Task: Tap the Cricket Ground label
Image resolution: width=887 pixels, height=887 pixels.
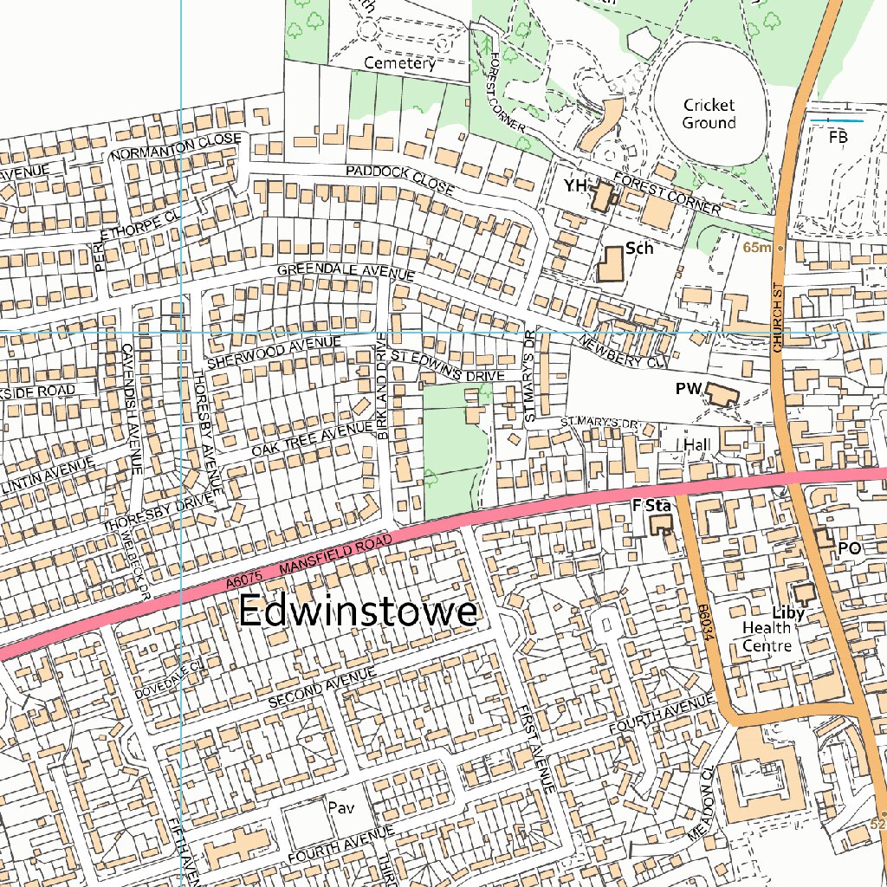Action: [x=709, y=113]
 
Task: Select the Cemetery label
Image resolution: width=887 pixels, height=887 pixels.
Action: [x=399, y=63]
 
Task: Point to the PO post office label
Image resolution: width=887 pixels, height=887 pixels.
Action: [x=848, y=549]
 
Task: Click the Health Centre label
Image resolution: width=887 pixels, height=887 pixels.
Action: [x=767, y=637]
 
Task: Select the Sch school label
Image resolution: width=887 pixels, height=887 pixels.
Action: [x=638, y=249]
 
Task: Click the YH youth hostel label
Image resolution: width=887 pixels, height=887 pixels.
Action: [x=574, y=186]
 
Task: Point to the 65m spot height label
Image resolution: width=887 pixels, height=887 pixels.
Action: [x=756, y=248]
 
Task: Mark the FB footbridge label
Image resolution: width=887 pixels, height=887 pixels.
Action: [x=838, y=137]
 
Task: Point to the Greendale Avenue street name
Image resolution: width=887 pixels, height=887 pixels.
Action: [x=346, y=271]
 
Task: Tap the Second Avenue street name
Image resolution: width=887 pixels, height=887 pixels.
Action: [x=322, y=687]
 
